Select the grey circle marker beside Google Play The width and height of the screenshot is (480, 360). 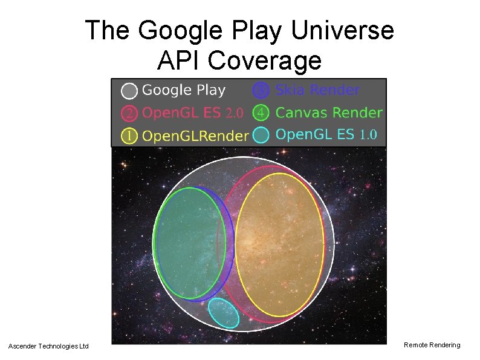(129, 91)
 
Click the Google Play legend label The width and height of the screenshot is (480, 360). (184, 91)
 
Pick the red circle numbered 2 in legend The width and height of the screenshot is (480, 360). (129, 113)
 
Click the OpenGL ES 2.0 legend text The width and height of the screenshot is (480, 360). (193, 113)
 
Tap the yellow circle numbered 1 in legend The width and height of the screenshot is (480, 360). (129, 136)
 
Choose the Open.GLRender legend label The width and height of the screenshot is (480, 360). (195, 136)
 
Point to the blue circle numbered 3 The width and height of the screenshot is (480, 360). (261, 91)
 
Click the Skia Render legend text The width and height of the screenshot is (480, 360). (317, 91)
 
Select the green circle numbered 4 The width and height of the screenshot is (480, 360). (261, 113)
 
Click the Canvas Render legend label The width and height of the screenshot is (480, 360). (329, 113)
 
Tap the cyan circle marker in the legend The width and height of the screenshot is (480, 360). (261, 135)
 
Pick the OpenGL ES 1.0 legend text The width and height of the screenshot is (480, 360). (326, 135)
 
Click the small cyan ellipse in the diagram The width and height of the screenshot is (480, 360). (224, 313)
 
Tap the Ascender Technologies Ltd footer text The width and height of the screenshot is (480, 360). (48, 346)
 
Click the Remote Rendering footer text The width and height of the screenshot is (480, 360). (432, 345)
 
